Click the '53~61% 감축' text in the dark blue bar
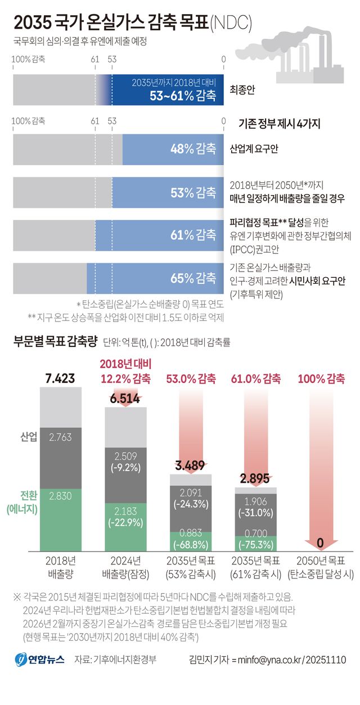[x=182, y=96]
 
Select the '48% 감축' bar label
[x=193, y=150]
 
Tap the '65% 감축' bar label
[x=193, y=278]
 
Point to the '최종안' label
[x=242, y=89]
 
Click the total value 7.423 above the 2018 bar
[x=60, y=378]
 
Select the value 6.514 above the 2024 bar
[x=125, y=399]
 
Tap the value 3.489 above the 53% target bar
[x=191, y=466]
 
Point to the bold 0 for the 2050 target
[x=320, y=543]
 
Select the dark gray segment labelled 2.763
[x=60, y=437]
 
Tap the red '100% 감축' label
[x=321, y=379]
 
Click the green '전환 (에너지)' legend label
[x=22, y=502]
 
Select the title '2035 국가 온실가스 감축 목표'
[x=111, y=23]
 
